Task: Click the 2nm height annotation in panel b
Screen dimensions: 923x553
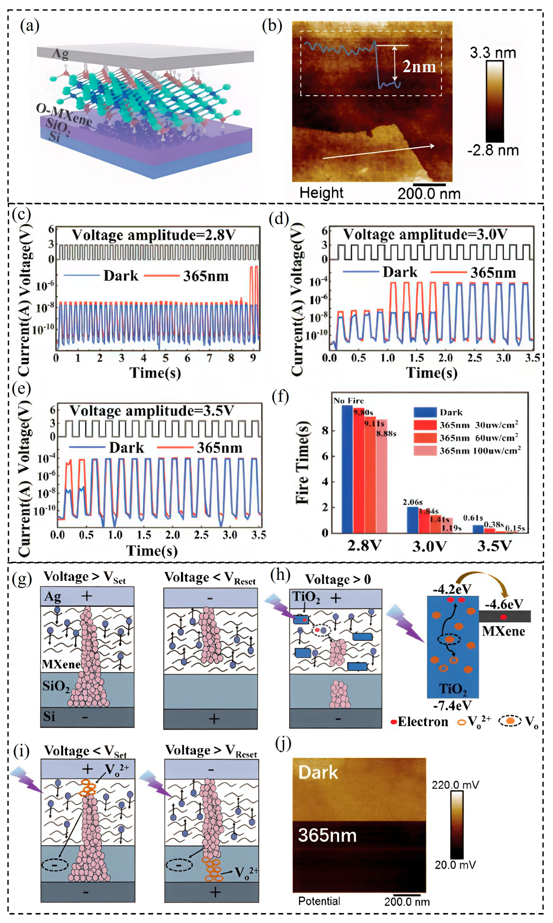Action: coord(419,67)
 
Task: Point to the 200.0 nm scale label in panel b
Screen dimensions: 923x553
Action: coord(429,193)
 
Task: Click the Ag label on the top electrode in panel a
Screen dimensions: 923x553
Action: coord(60,54)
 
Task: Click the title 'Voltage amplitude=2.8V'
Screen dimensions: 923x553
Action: coord(154,235)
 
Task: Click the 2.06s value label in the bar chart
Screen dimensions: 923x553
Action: coord(413,502)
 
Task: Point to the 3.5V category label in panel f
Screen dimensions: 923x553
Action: coord(494,546)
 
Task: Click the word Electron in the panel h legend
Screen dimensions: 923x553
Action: coord(423,722)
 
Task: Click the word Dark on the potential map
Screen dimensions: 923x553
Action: coord(318,772)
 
